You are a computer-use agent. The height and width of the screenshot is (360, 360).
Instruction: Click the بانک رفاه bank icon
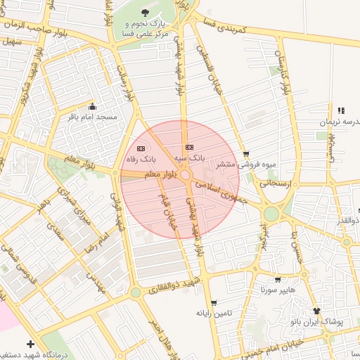click(x=141, y=148)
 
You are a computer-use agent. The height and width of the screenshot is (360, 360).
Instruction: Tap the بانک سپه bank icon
click(x=188, y=147)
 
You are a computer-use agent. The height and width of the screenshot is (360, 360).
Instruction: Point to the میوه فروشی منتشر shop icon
click(x=245, y=154)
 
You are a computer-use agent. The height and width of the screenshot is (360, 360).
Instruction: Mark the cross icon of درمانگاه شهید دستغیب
click(x=30, y=344)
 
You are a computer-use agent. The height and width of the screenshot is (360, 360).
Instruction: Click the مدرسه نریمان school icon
click(x=341, y=110)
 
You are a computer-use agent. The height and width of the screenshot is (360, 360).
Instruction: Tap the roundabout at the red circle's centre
click(x=186, y=175)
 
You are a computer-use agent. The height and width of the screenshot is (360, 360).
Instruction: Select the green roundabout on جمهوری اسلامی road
click(x=271, y=213)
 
